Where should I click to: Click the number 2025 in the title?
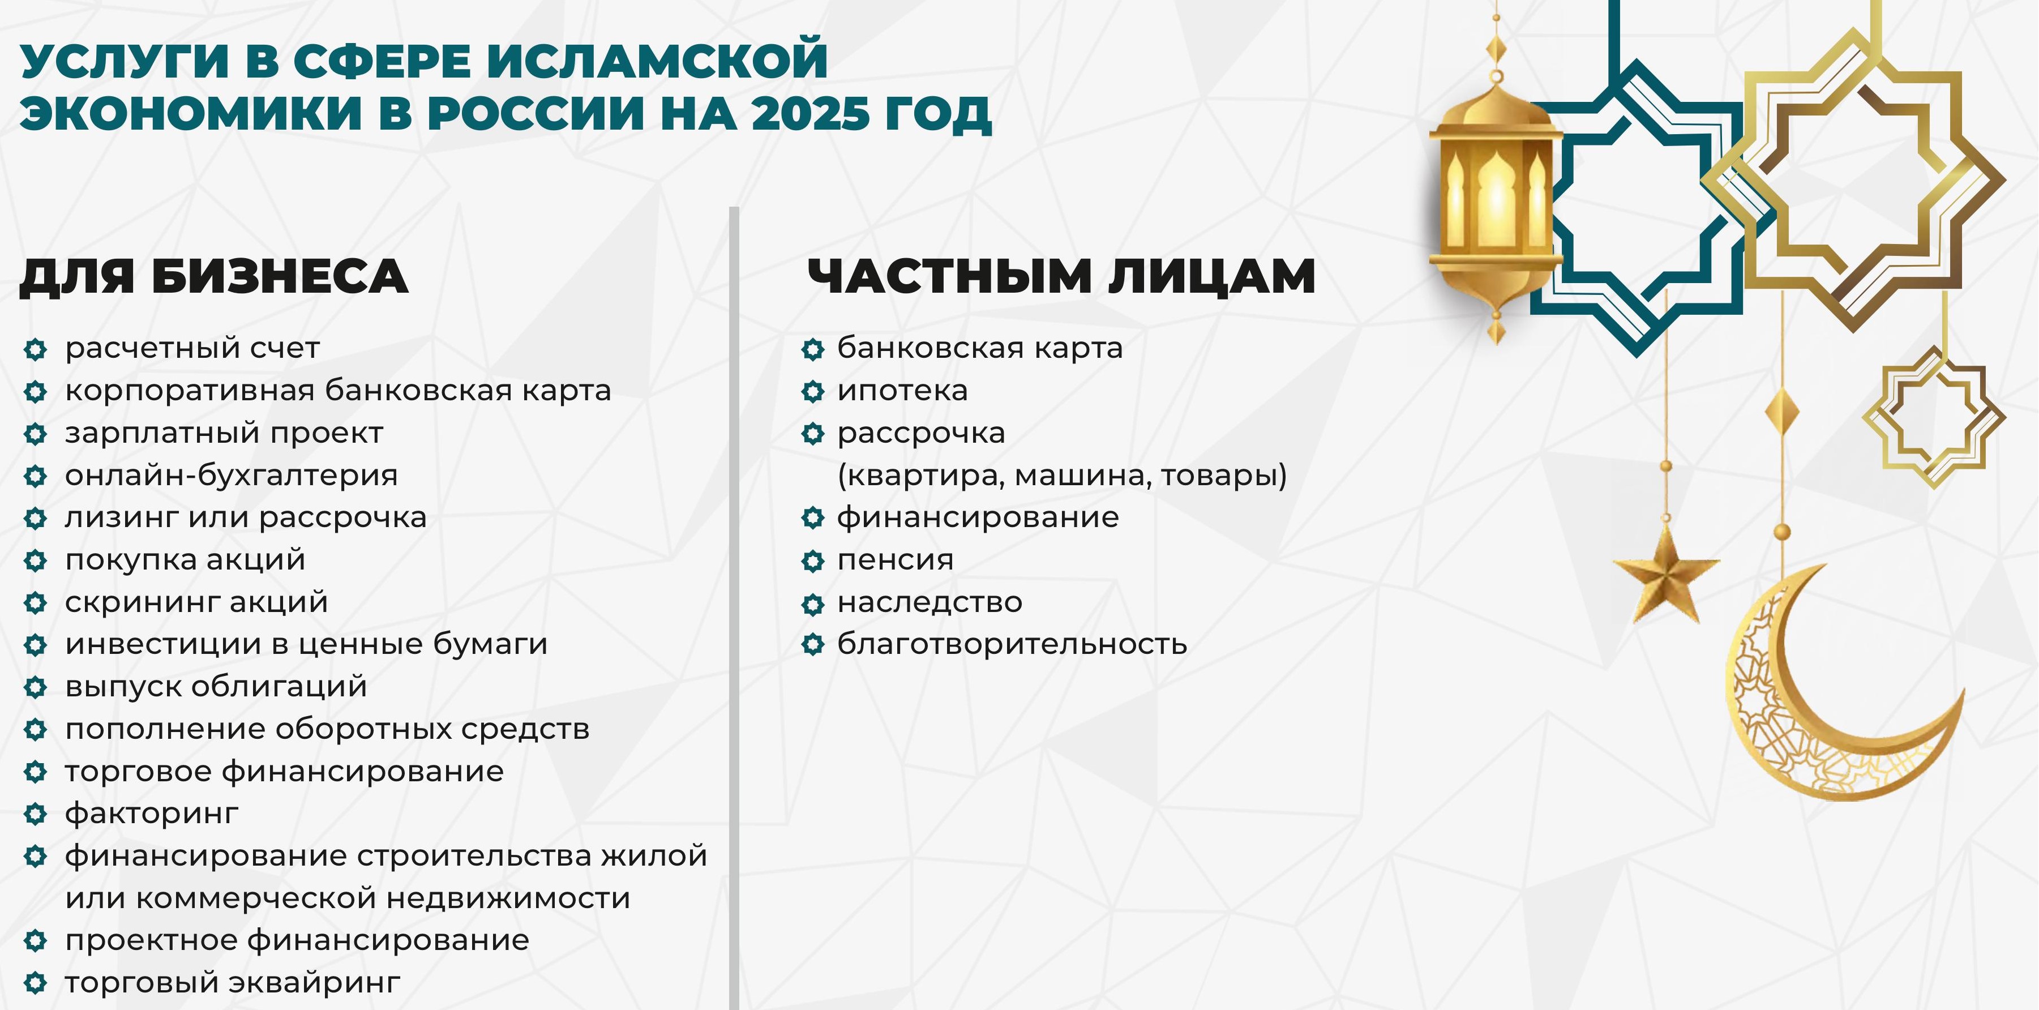point(811,113)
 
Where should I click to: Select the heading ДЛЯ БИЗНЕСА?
point(214,276)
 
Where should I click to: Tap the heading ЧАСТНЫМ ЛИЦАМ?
point(1061,276)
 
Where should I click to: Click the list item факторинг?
point(152,813)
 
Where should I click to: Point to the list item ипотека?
point(902,390)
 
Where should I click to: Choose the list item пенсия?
point(895,559)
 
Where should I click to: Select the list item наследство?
point(930,602)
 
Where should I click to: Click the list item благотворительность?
point(1012,644)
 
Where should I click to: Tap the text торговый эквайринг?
point(233,982)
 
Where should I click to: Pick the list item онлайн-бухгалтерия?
point(231,475)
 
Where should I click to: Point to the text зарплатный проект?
point(224,433)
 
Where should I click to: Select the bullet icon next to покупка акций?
point(36,560)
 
